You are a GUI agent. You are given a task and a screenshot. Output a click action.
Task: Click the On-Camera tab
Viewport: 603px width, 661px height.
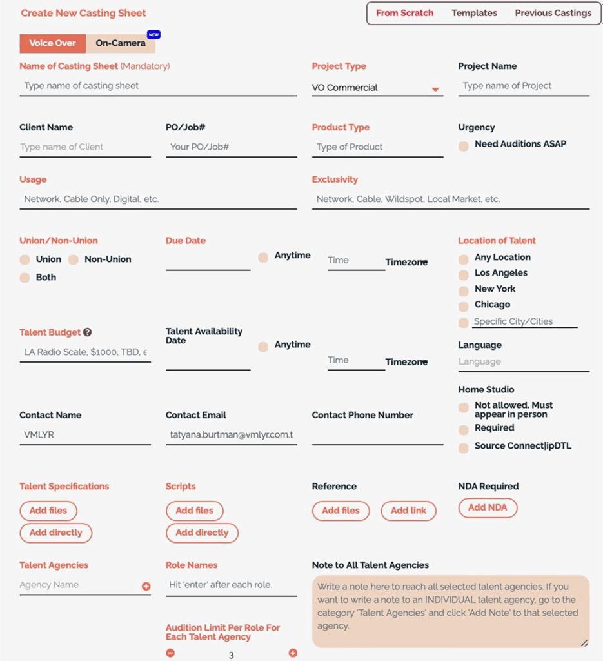pos(121,43)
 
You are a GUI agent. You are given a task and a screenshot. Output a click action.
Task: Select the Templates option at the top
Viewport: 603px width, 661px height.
pos(474,13)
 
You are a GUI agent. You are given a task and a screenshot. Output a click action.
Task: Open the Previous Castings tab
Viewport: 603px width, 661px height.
pos(553,13)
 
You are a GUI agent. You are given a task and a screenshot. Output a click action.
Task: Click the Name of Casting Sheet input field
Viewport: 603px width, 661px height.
pos(158,86)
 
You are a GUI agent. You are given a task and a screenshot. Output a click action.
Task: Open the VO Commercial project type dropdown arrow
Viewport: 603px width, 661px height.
pos(435,89)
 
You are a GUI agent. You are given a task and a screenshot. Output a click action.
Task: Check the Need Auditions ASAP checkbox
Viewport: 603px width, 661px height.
pos(464,147)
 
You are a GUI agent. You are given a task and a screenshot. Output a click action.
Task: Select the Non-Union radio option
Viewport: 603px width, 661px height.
pos(74,259)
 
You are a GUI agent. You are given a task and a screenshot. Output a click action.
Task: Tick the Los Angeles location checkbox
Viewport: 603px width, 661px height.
pos(464,275)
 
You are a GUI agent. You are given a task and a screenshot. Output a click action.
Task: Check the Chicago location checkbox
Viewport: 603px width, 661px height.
pos(464,306)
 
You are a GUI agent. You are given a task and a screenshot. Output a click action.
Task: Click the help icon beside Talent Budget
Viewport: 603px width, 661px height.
pos(88,332)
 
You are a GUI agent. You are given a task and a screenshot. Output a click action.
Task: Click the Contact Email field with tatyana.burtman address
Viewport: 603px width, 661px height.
pos(231,435)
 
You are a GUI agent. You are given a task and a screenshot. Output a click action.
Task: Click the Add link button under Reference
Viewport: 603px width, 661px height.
pos(408,511)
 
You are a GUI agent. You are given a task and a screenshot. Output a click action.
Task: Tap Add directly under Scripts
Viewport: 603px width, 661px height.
pos(202,533)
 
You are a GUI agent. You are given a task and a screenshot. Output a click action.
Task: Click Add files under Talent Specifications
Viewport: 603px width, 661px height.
pos(48,511)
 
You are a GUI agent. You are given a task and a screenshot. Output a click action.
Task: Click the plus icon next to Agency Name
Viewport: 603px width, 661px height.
pos(146,586)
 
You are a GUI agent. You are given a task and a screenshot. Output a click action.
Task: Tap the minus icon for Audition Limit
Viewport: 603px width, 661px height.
pos(170,653)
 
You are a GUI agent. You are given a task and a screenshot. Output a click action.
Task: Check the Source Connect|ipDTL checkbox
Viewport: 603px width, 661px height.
pos(464,448)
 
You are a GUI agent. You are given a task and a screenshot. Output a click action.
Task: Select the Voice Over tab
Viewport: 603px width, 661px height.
pos(52,43)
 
